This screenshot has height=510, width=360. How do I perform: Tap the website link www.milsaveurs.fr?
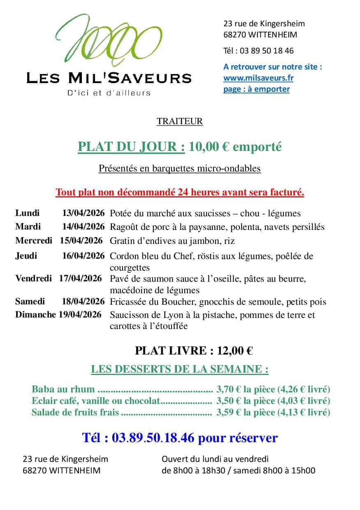coord(258,78)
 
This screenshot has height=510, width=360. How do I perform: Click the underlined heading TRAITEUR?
coord(179,121)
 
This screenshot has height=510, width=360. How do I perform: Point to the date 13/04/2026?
coord(84,213)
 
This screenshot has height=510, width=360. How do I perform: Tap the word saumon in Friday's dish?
coord(151,279)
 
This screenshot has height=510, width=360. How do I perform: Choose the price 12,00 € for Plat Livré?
coord(235,351)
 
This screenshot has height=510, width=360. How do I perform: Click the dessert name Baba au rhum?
coord(63,389)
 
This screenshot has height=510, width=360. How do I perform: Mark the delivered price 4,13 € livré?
coord(304,412)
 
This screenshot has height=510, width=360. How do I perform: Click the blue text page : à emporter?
coord(256,89)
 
